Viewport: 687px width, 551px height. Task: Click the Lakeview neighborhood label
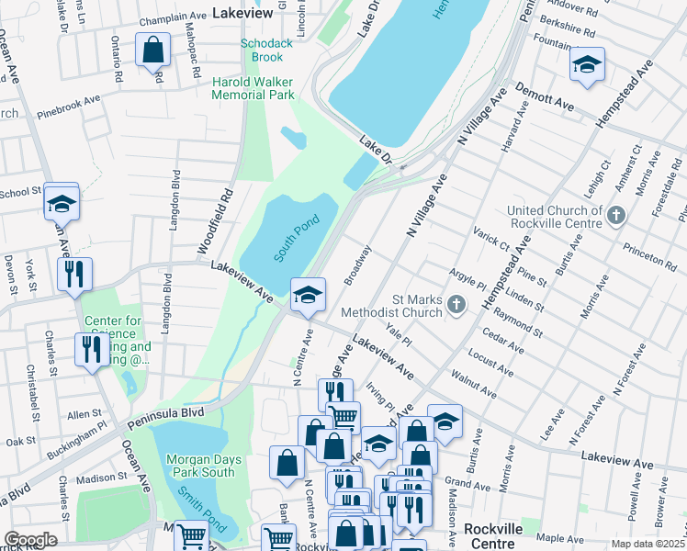[242, 14]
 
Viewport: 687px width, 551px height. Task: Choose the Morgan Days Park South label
[194, 465]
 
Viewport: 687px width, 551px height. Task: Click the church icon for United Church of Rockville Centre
[615, 217]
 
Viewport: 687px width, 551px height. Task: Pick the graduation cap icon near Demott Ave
[587, 65]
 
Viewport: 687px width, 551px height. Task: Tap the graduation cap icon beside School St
[62, 202]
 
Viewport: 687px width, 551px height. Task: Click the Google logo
[30, 540]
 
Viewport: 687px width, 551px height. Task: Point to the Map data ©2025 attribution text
[647, 544]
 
